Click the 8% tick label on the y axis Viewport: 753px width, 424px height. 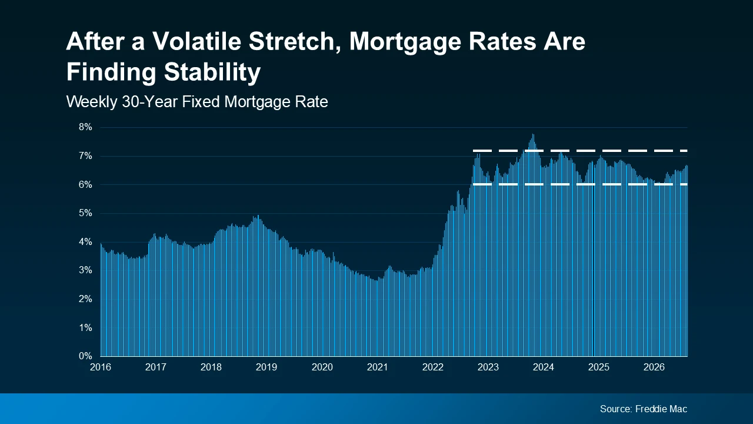point(85,127)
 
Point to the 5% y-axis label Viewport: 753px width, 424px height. point(85,213)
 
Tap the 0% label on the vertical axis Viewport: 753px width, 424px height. point(85,356)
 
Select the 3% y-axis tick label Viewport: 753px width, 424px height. point(85,270)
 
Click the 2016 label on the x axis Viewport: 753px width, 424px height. point(101,367)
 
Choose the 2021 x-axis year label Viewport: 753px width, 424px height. point(377,367)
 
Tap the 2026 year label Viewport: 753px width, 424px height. point(654,367)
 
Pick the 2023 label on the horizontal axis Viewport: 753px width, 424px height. point(488,367)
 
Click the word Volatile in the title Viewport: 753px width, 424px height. point(196,41)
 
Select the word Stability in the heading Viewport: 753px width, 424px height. point(212,72)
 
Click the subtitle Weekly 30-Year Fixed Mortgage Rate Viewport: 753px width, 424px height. point(197,102)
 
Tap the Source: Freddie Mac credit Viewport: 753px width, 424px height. point(644,409)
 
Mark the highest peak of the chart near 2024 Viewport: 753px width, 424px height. point(533,135)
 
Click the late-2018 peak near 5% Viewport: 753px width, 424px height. point(258,216)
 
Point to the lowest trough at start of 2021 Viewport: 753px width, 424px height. point(376,281)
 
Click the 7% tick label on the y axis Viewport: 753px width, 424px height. point(85,156)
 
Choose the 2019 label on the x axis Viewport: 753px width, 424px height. point(266,367)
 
